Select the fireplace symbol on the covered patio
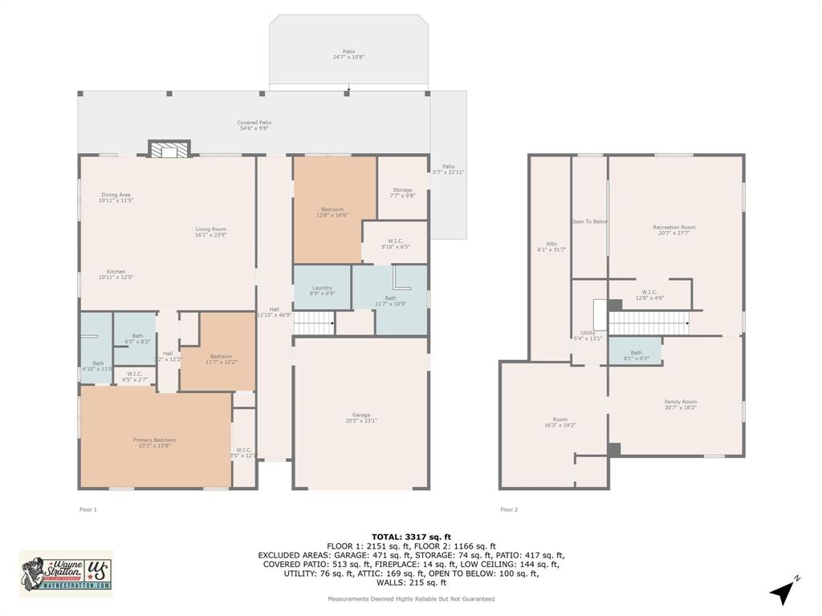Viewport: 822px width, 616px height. (x=169, y=149)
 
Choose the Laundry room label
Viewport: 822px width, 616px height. (x=322, y=290)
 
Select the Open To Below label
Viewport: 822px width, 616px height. (x=589, y=221)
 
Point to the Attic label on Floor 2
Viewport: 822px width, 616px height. (x=551, y=246)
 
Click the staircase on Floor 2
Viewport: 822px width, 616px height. (x=649, y=323)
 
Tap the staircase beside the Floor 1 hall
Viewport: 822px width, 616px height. (x=314, y=323)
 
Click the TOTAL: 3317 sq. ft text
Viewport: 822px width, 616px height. (x=411, y=537)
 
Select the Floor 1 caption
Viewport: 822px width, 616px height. (x=87, y=509)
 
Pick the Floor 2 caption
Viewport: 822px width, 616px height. (x=509, y=509)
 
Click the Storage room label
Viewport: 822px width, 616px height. (x=402, y=192)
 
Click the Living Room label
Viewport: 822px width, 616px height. (x=210, y=232)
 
